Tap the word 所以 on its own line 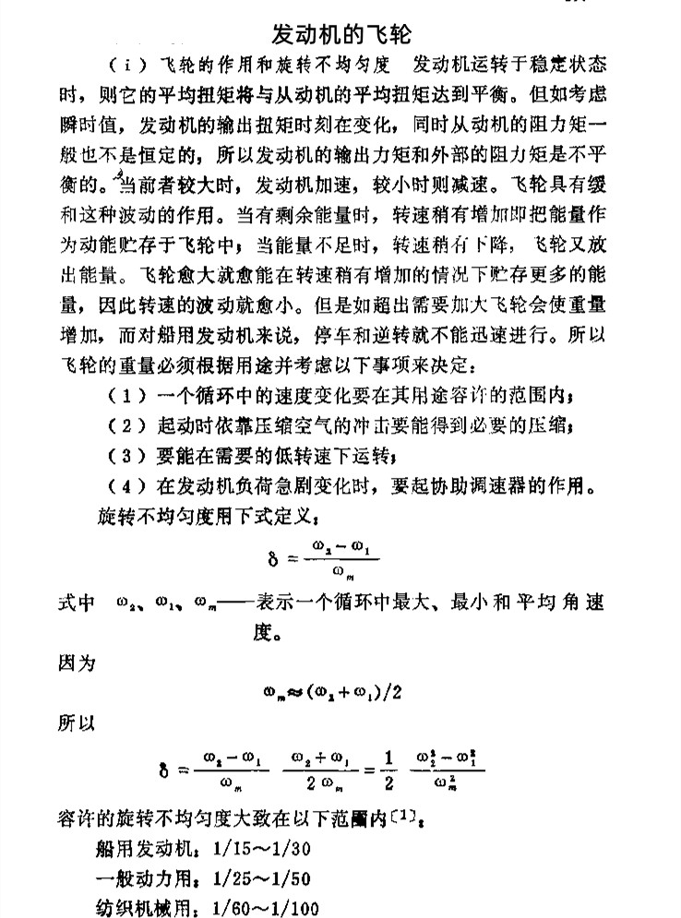(x=73, y=721)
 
